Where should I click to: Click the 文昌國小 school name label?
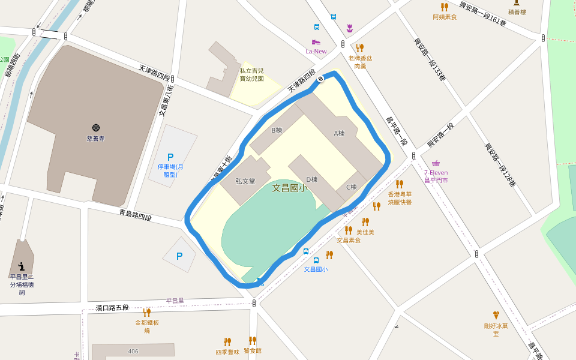[x=290, y=188]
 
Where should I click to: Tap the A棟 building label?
[x=339, y=133]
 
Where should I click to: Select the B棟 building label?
[x=277, y=130]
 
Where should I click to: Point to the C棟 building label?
[x=351, y=187]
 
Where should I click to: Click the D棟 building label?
[x=311, y=179]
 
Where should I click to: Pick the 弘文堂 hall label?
[x=245, y=181]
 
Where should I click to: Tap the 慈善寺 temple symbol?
[x=95, y=128]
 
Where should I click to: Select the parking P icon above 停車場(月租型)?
[x=170, y=157]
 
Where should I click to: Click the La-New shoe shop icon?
[x=316, y=42]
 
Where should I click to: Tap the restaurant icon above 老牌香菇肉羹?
[x=359, y=47]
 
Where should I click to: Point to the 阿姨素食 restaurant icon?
[x=444, y=7]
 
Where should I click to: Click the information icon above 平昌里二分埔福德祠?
[x=22, y=266]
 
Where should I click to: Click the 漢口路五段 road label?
[x=112, y=308]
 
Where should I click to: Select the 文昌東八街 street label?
[x=161, y=102]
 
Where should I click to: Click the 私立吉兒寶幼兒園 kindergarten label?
[x=251, y=74]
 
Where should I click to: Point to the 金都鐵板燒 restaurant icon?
[x=146, y=312]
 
